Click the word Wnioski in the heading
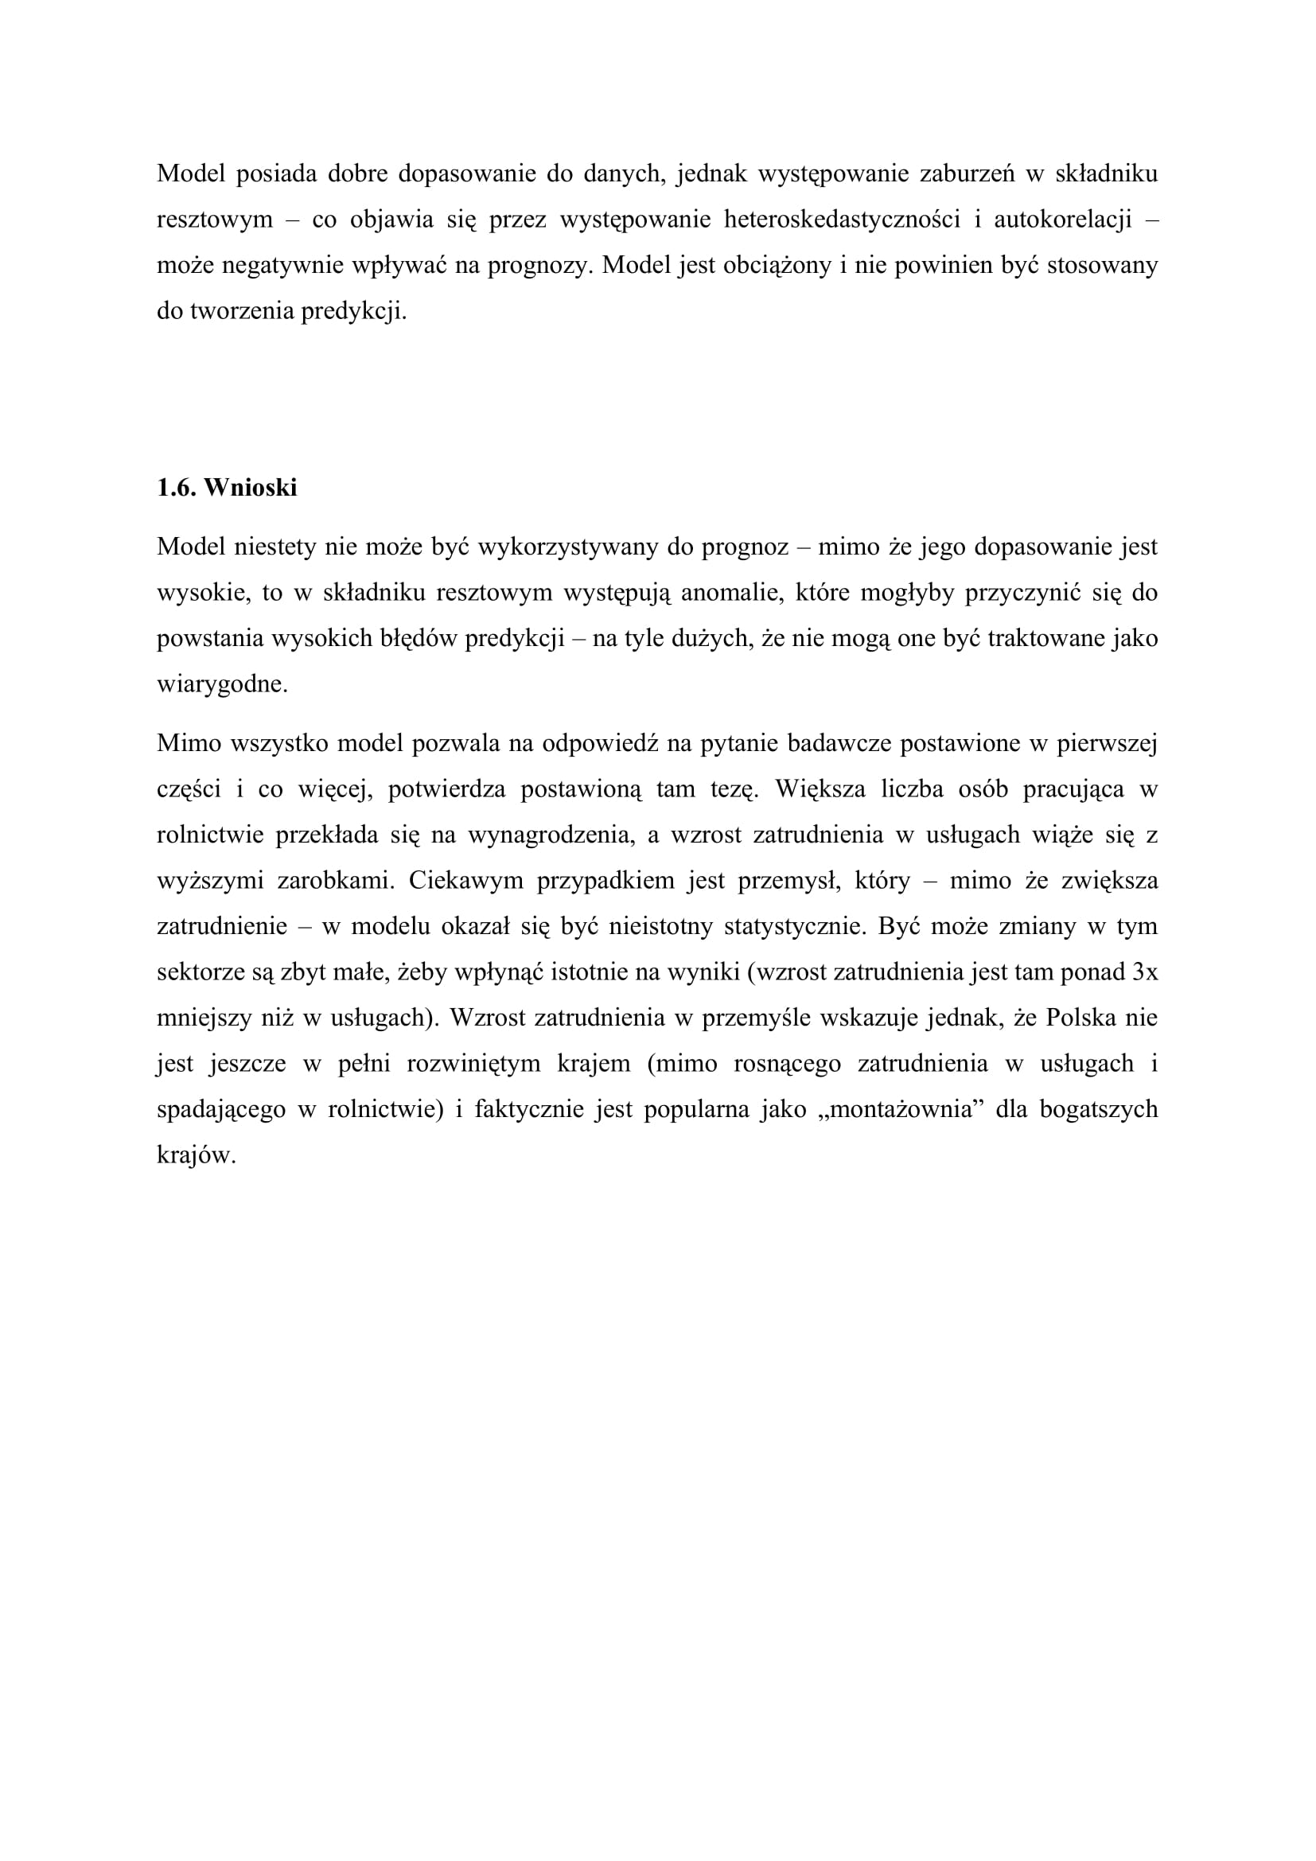(x=251, y=488)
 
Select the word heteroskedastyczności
(x=842, y=220)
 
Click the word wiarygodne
(x=222, y=685)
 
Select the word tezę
(x=734, y=789)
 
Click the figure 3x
(x=1144, y=971)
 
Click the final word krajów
(x=196, y=1155)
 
